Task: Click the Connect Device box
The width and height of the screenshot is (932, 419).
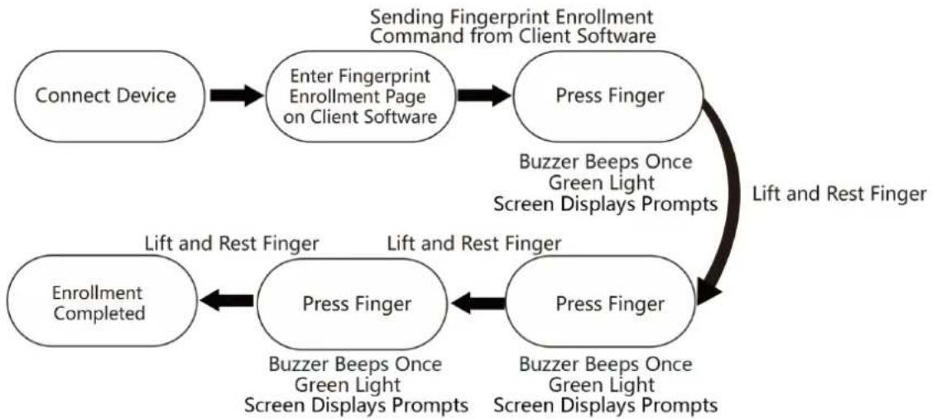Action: coord(105,96)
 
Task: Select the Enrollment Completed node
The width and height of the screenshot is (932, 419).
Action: coord(98,301)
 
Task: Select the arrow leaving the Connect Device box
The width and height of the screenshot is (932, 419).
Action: coord(236,96)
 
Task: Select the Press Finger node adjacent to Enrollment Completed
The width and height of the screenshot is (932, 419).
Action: coord(357,304)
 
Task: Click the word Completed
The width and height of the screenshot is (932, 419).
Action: coord(98,313)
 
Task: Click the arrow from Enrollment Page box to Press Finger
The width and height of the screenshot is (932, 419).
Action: coord(484,96)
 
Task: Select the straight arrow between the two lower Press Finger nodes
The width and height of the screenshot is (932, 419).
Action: coord(478,304)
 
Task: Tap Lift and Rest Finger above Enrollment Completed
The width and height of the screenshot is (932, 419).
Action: coord(233,243)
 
